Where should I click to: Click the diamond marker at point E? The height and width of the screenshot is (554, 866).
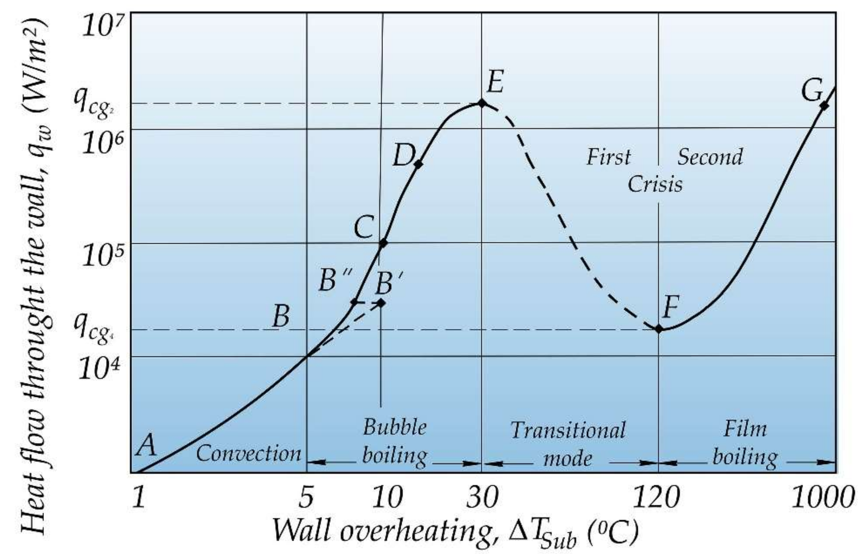(481, 103)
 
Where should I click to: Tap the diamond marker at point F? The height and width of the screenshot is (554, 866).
(659, 328)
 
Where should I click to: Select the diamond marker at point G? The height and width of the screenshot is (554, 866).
(824, 106)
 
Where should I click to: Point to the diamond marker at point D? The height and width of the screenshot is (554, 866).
(418, 164)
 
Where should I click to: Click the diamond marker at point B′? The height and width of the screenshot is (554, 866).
(381, 303)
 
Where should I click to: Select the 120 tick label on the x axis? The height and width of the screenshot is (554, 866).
(655, 499)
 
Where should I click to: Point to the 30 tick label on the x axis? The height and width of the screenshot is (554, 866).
(482, 499)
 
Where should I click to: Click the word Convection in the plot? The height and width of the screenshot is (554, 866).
(249, 454)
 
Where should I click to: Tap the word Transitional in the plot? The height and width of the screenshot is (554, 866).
(568, 431)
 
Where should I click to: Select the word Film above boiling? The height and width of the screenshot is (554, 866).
(745, 429)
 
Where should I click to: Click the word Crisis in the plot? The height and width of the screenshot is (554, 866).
(655, 184)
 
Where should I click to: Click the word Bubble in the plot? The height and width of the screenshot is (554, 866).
(395, 428)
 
